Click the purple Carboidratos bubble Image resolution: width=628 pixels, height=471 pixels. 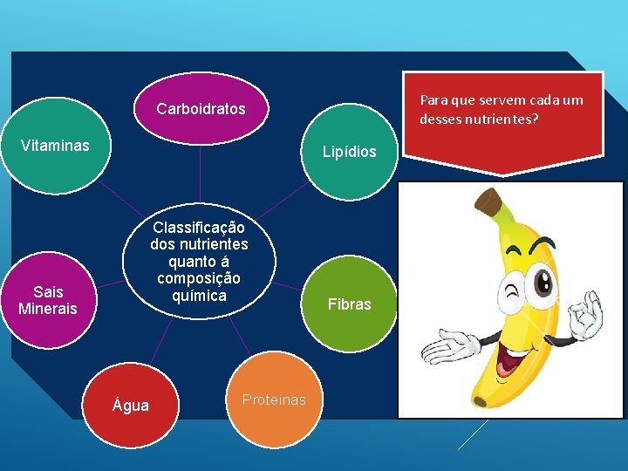point(201,110)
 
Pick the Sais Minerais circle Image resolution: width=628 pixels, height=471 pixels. point(48,300)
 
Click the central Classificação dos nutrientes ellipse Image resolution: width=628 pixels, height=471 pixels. point(199,261)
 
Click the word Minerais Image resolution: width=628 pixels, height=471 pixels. point(48,309)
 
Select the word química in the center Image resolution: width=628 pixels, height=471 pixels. point(199,296)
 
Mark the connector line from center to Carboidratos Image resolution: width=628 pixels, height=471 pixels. point(200,178)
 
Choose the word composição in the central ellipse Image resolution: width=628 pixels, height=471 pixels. point(199,278)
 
